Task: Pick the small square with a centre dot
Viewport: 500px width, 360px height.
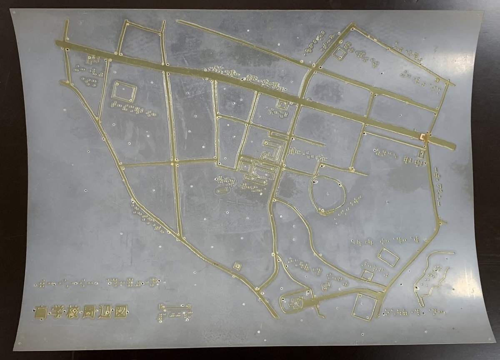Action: pos(237,265)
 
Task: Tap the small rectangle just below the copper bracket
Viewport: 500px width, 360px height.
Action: pos(422,154)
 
